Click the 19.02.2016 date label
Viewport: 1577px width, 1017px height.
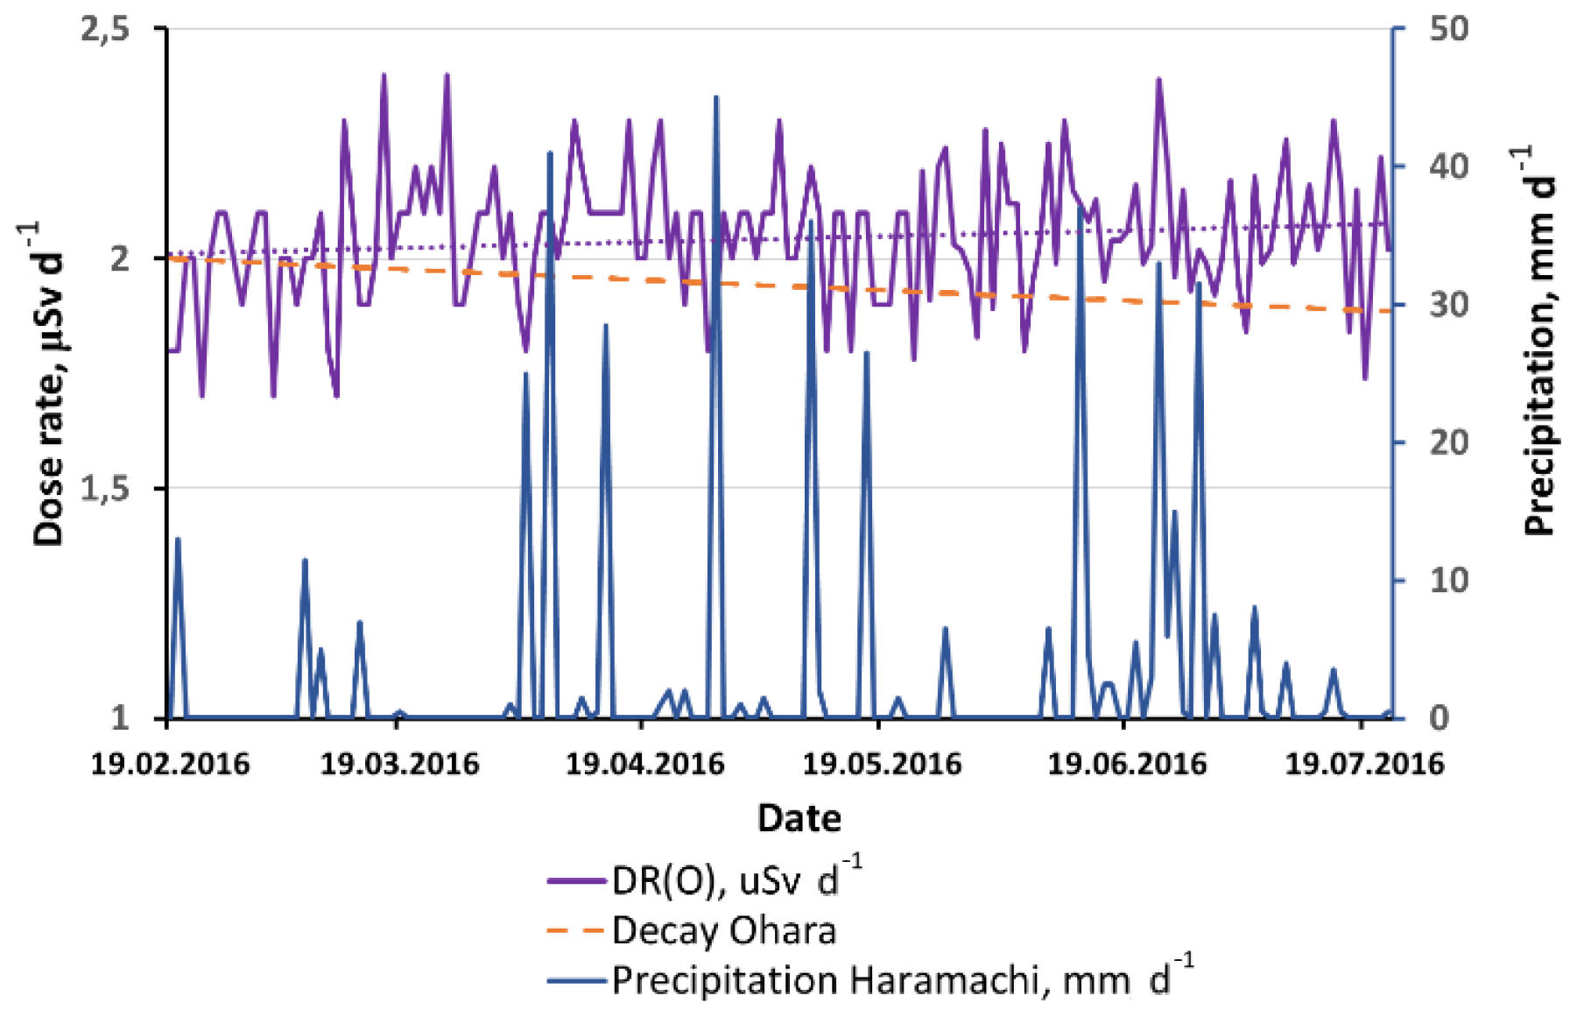point(170,764)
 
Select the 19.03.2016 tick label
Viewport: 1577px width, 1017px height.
point(399,764)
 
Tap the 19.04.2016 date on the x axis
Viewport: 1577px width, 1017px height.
point(644,764)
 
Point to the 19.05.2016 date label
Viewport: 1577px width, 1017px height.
point(882,764)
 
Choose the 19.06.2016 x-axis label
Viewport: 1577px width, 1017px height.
point(1127,764)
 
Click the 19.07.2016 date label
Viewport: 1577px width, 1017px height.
point(1363,764)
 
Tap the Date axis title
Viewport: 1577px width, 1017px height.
point(799,818)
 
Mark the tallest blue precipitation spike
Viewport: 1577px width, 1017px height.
point(715,98)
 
